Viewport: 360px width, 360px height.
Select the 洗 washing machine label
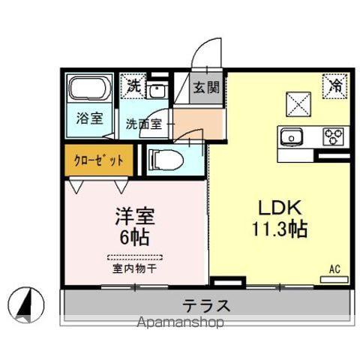click(x=133, y=85)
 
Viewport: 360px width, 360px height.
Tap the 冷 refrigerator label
click(x=337, y=85)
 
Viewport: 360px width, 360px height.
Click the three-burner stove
click(x=332, y=136)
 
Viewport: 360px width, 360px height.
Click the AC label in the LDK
click(x=334, y=268)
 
